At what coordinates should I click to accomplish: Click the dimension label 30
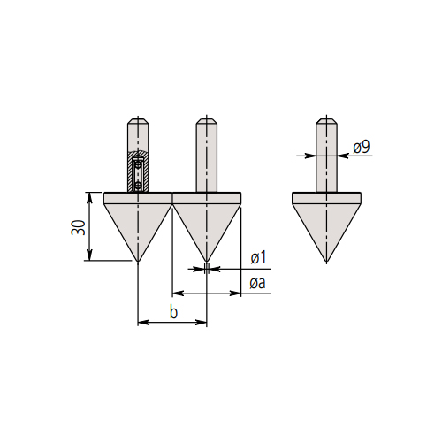point(78,227)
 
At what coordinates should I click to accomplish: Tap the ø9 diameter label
point(362,147)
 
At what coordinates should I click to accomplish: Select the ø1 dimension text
point(258,257)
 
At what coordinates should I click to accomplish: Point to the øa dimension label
point(257,283)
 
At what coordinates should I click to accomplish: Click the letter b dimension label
point(174,312)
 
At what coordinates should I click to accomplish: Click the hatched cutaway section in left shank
point(138,171)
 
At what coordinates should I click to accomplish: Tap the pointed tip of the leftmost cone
point(138,261)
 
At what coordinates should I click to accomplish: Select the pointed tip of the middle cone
point(207,261)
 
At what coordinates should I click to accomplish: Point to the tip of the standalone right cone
point(326,262)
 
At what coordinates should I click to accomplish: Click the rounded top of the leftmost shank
point(138,121)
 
